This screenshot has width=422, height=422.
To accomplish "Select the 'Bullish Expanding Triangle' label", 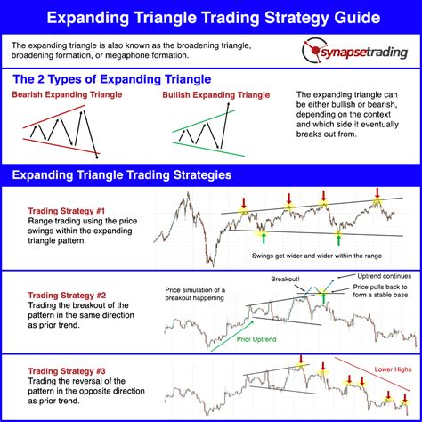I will pos(217,95).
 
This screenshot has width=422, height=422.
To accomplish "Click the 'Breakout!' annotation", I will pos(287,279).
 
